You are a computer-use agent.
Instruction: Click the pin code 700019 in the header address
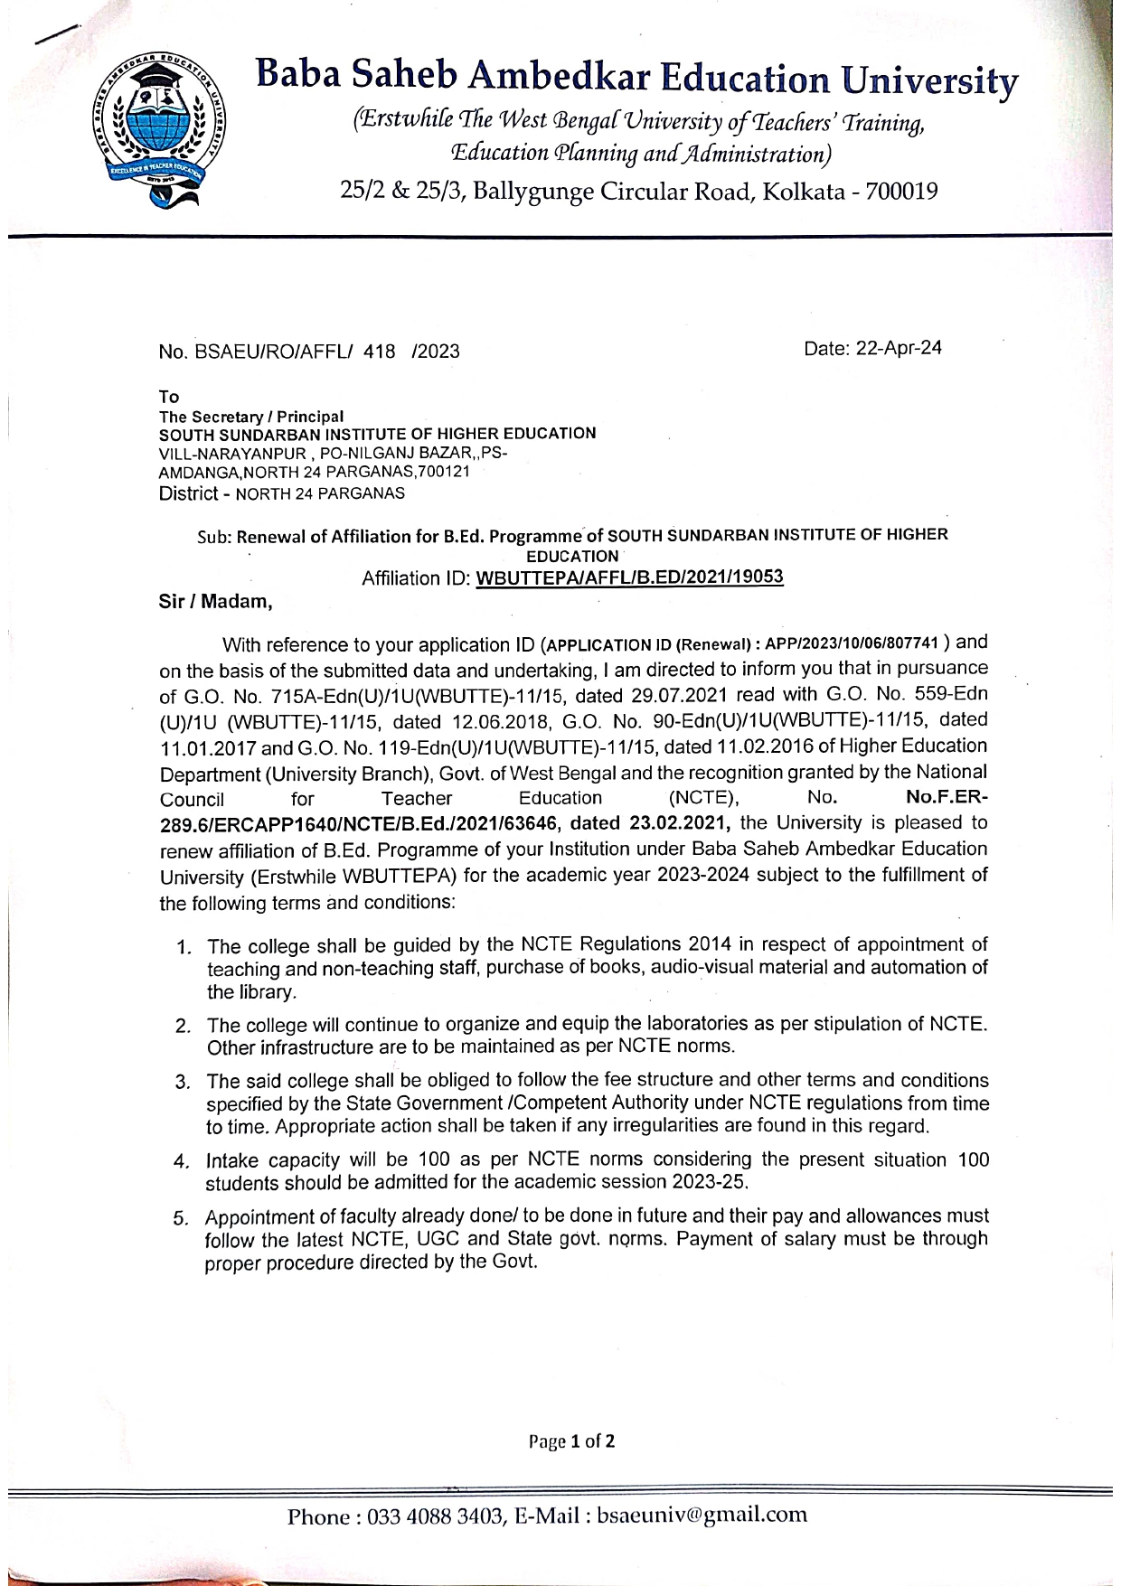coord(901,192)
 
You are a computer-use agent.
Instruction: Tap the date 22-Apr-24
coord(899,348)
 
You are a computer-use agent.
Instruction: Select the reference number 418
coord(379,352)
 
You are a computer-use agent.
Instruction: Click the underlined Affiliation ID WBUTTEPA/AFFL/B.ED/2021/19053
coord(629,577)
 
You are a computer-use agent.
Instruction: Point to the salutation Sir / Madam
coord(215,601)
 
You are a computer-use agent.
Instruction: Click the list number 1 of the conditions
coord(184,947)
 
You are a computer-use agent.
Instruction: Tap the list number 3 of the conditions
coord(183,1082)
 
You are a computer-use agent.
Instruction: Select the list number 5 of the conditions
coord(181,1218)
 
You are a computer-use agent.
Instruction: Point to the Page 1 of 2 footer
coord(571,1441)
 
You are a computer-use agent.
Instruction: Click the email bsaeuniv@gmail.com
coord(702,1516)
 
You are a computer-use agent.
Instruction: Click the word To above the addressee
coord(169,397)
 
